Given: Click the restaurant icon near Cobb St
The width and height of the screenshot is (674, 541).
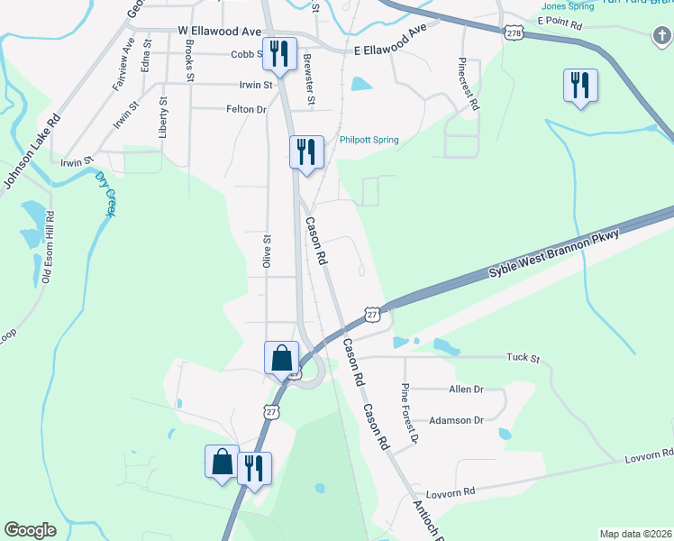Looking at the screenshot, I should pos(278,54).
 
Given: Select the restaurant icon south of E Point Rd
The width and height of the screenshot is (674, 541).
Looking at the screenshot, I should pos(580,86).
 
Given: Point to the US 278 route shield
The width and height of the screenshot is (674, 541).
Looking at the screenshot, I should pos(514,32).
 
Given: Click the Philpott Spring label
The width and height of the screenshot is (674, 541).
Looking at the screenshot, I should pos(369,140).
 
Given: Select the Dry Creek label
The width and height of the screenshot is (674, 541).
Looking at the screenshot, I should pos(106,193).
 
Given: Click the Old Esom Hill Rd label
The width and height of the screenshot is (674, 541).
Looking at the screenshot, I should pos(49,248).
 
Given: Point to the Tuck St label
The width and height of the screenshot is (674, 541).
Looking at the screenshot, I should pos(522,358).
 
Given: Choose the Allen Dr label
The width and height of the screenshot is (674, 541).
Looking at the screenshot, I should pos(466,390).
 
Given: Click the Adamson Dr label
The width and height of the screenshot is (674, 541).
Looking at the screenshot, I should pos(457,420).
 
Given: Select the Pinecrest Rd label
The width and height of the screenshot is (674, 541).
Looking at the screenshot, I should pos(468,84).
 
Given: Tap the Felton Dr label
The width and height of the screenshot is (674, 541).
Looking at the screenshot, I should pos(246,109).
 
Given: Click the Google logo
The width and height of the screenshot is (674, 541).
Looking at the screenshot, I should pos(31,530).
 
